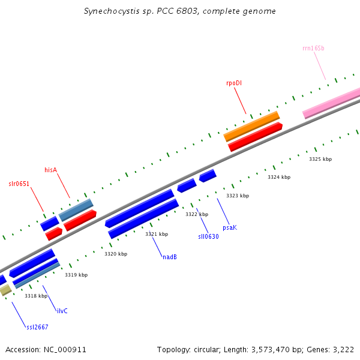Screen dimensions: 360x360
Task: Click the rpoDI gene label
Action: point(234,83)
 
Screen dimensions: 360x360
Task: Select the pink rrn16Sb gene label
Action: point(313,48)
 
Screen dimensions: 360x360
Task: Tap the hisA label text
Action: point(50,170)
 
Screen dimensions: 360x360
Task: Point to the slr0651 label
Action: point(19,183)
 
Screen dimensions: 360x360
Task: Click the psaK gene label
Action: point(230,227)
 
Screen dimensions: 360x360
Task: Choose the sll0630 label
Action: point(208,236)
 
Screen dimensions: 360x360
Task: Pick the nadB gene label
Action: point(170,257)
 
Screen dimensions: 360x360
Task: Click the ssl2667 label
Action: point(37,327)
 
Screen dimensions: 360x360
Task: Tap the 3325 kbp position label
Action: point(320,159)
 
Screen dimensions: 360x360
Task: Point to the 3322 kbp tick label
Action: point(197,214)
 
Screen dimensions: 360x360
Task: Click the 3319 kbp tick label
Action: point(76,275)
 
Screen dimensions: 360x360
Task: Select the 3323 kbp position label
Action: point(238,196)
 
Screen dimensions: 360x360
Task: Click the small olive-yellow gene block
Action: point(5,290)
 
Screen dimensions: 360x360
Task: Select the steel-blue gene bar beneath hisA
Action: point(76,209)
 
